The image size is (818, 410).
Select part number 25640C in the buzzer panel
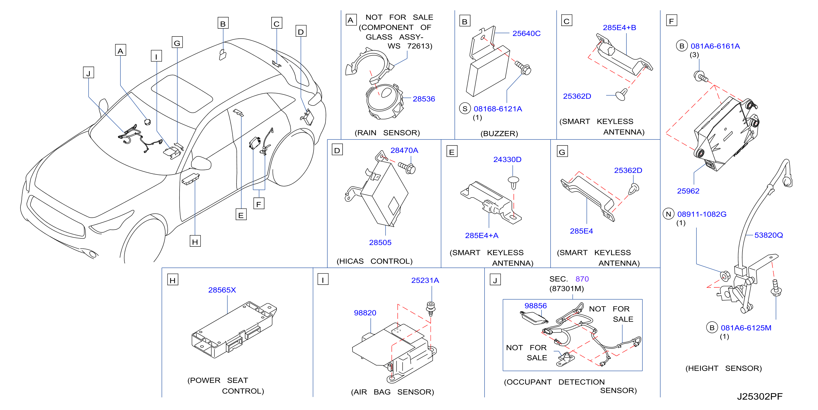click(x=526, y=33)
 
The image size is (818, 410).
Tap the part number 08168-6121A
click(x=498, y=109)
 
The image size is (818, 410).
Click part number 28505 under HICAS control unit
click(x=380, y=243)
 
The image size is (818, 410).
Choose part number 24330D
click(x=507, y=159)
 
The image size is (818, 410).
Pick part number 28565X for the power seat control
click(x=222, y=290)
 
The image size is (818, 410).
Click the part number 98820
click(x=365, y=313)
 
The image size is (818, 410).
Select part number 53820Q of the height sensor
click(x=769, y=235)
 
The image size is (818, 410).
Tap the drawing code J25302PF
click(x=760, y=397)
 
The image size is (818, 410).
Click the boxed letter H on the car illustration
click(x=195, y=242)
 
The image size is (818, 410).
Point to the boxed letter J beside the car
click(x=88, y=73)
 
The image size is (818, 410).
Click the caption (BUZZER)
click(x=499, y=133)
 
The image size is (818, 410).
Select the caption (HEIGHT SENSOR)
click(x=723, y=368)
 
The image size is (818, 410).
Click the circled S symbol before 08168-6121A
click(x=465, y=109)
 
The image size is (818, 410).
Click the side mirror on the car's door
click(x=201, y=163)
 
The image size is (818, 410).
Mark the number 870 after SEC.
click(x=582, y=279)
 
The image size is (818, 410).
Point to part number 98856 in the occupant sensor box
click(x=535, y=306)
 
